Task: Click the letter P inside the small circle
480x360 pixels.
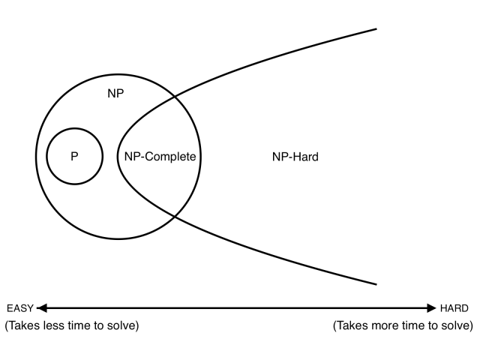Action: click(x=74, y=157)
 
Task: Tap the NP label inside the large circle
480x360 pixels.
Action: click(x=115, y=93)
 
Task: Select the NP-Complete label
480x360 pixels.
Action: click(x=160, y=157)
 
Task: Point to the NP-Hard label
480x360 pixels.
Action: click(x=295, y=157)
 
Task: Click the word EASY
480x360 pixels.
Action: click(x=20, y=308)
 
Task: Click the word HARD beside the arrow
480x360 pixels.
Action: click(x=454, y=308)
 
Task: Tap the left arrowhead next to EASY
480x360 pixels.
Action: click(x=42, y=308)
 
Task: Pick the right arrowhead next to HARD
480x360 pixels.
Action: click(x=431, y=308)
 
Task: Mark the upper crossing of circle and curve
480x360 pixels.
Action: click(x=175, y=97)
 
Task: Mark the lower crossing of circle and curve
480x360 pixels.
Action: click(x=175, y=217)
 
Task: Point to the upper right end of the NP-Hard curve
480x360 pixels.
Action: click(x=376, y=29)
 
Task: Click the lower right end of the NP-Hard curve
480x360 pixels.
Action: click(x=376, y=284)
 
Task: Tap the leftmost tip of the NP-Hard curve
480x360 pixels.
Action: click(x=118, y=157)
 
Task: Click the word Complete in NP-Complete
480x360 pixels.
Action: click(x=170, y=157)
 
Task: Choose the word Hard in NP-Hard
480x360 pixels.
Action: click(x=306, y=157)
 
